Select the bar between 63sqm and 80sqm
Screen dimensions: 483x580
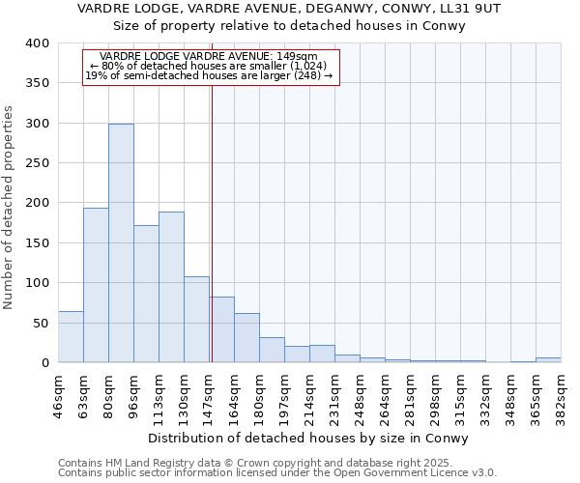96,285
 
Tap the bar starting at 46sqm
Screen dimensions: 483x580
71,337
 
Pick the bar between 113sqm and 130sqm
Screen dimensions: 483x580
171,287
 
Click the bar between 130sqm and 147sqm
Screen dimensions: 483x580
196,320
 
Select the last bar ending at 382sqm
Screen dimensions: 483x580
548,360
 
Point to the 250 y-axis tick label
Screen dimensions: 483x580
37,163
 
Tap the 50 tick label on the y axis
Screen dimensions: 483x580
41,323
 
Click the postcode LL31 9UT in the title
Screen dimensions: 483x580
472,9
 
